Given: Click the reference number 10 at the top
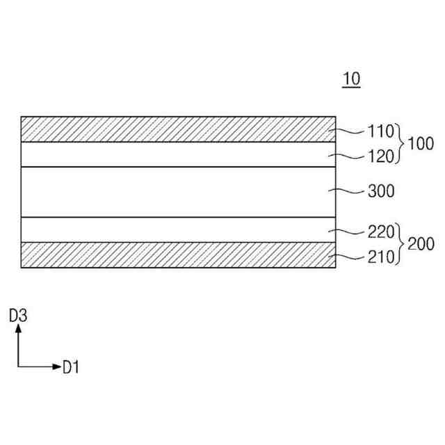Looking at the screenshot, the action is [351, 79].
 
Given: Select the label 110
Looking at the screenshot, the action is [381, 130].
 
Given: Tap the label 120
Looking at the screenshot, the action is [381, 156].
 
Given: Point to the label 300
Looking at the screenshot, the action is [381, 191].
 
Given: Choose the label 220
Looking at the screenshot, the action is [381, 232].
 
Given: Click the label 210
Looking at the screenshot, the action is [381, 257].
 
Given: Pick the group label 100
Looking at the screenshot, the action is [419, 144].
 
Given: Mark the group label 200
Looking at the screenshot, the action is [420, 244].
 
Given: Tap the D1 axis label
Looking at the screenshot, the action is [71, 366].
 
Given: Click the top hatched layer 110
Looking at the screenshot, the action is [174, 129].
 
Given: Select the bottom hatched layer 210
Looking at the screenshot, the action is [174, 255].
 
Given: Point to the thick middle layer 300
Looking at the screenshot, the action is [174, 192].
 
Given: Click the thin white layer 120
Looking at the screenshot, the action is [174, 154].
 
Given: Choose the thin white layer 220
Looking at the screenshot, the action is [174, 229].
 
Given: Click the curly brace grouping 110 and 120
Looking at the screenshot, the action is [400, 143].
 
